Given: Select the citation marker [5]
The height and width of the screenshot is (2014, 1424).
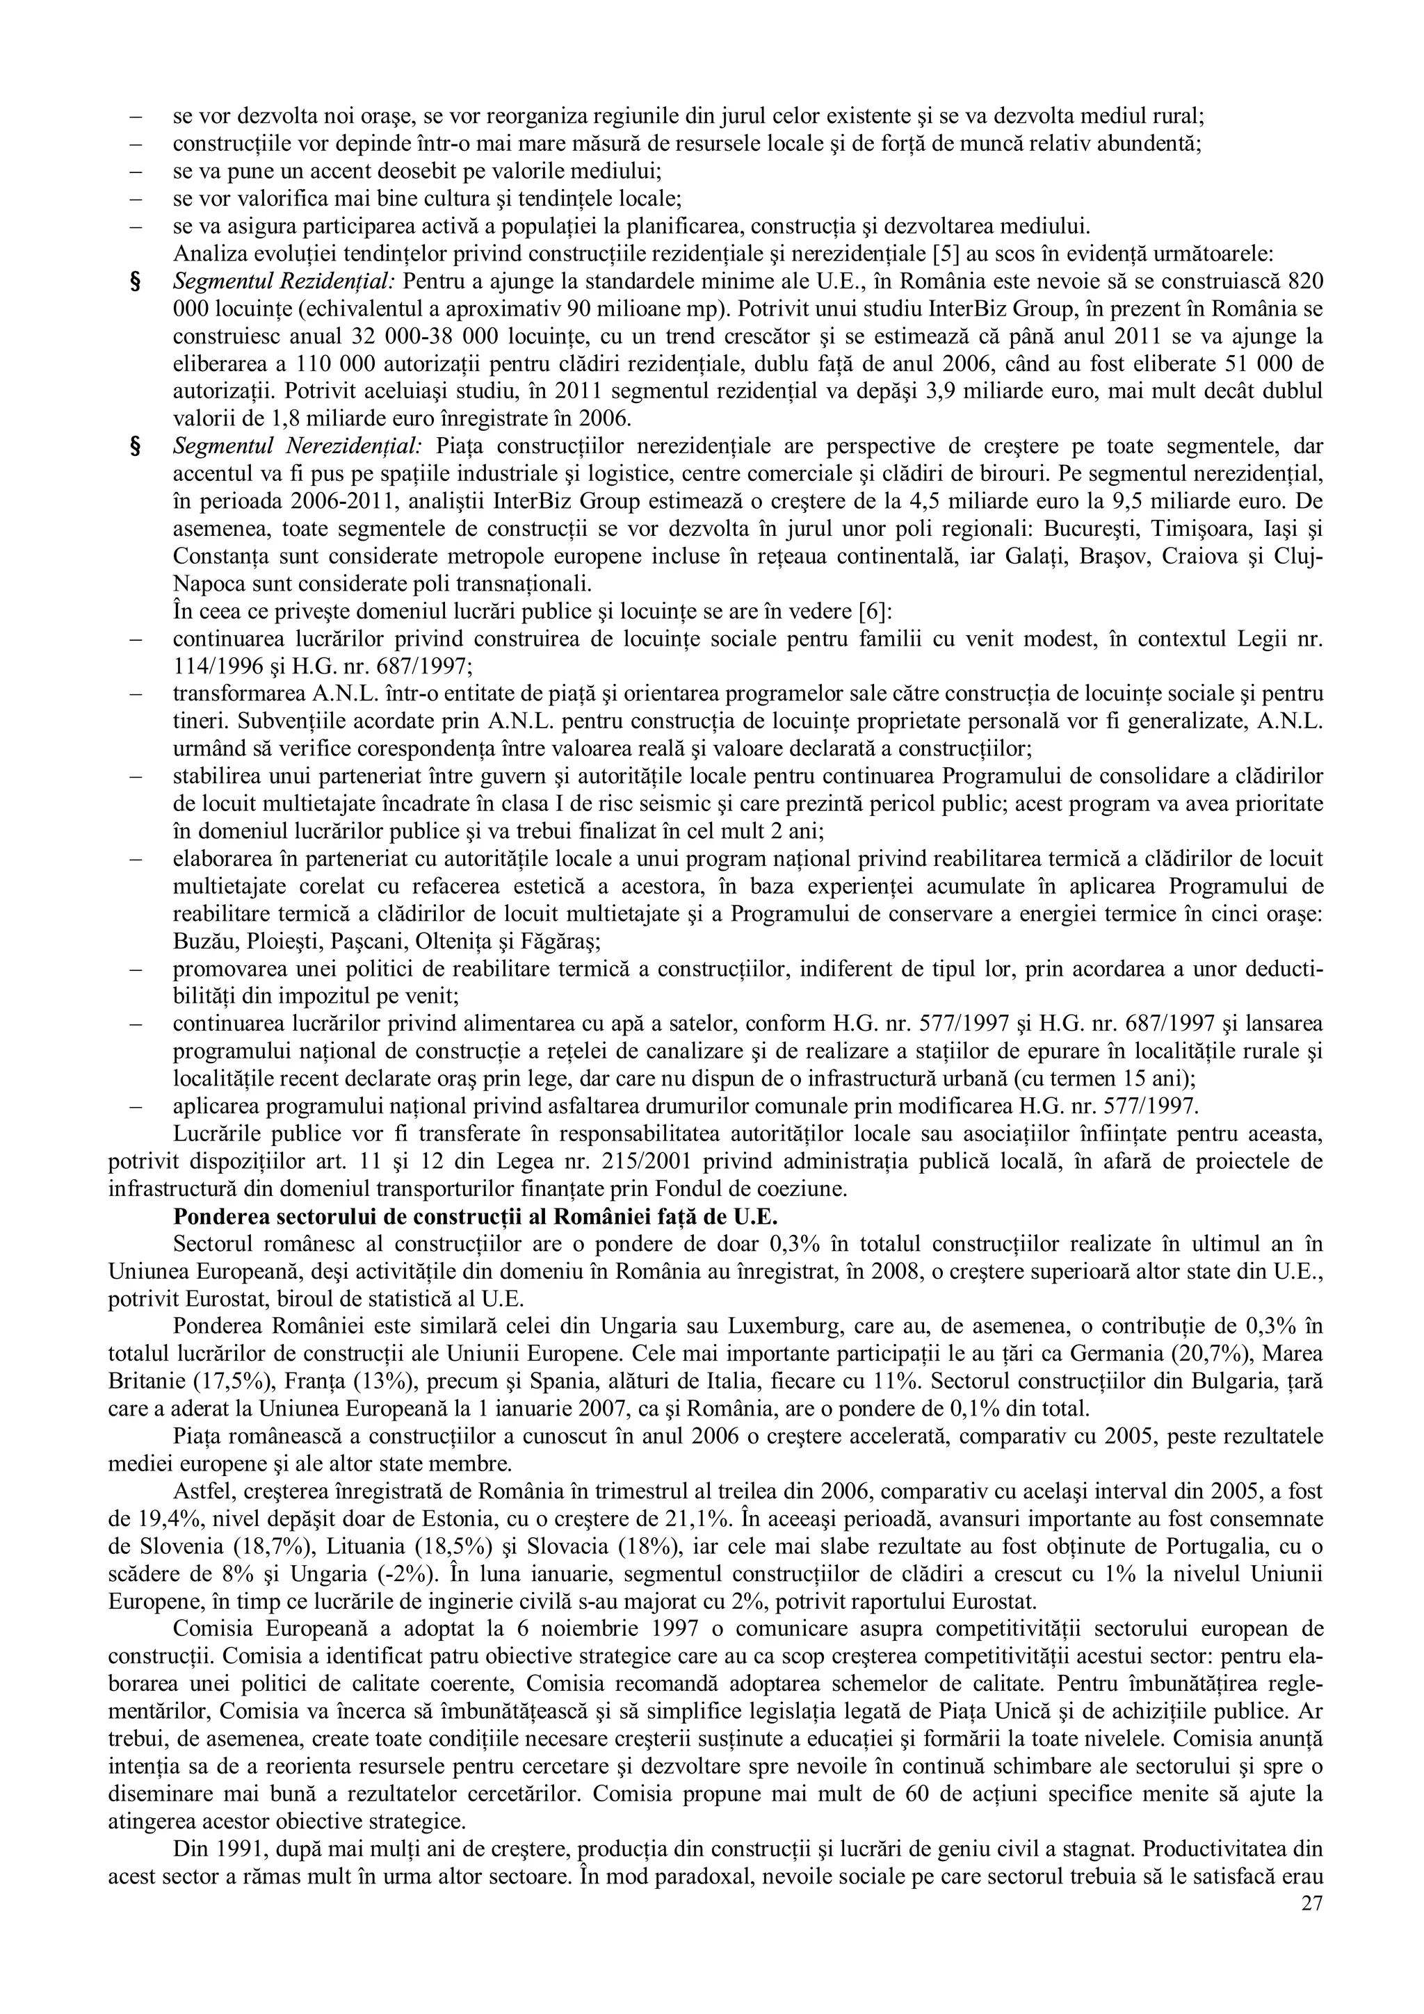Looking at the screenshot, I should coord(925,254).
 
